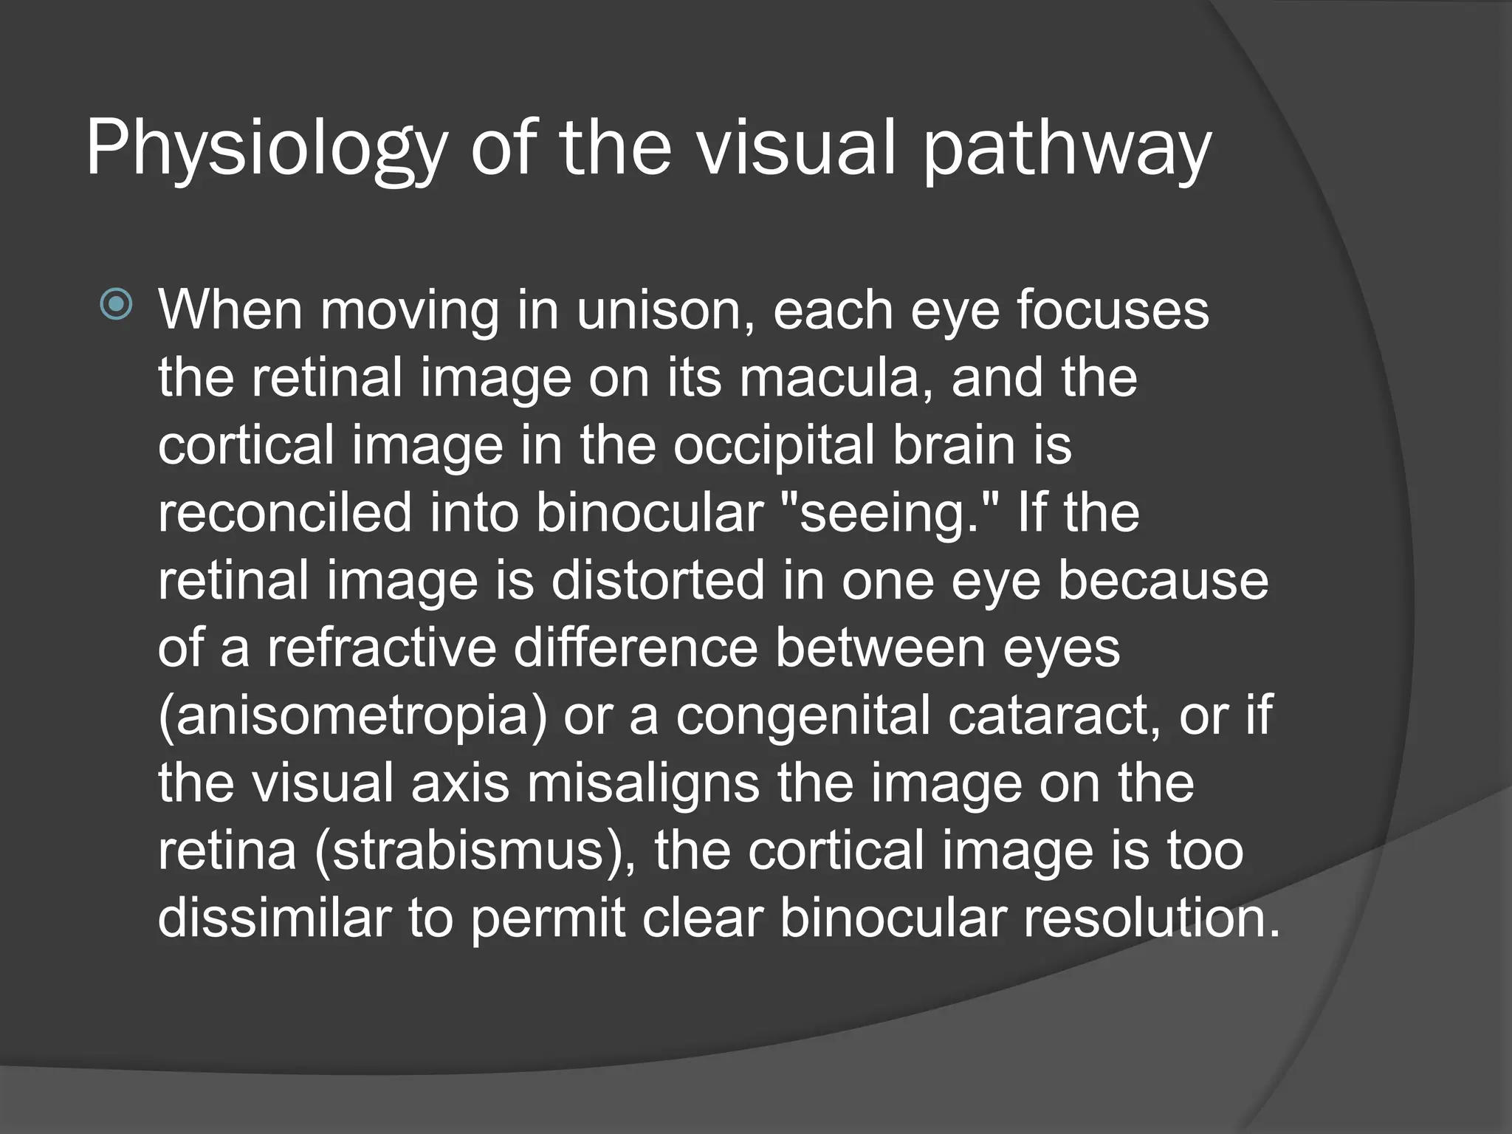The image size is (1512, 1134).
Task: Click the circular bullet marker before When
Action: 117,303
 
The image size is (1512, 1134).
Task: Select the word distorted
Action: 659,581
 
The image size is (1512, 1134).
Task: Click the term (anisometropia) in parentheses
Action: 352,716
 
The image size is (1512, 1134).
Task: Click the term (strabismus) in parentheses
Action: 473,851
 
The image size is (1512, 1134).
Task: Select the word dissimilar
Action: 275,918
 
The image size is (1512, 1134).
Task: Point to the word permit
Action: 548,918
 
